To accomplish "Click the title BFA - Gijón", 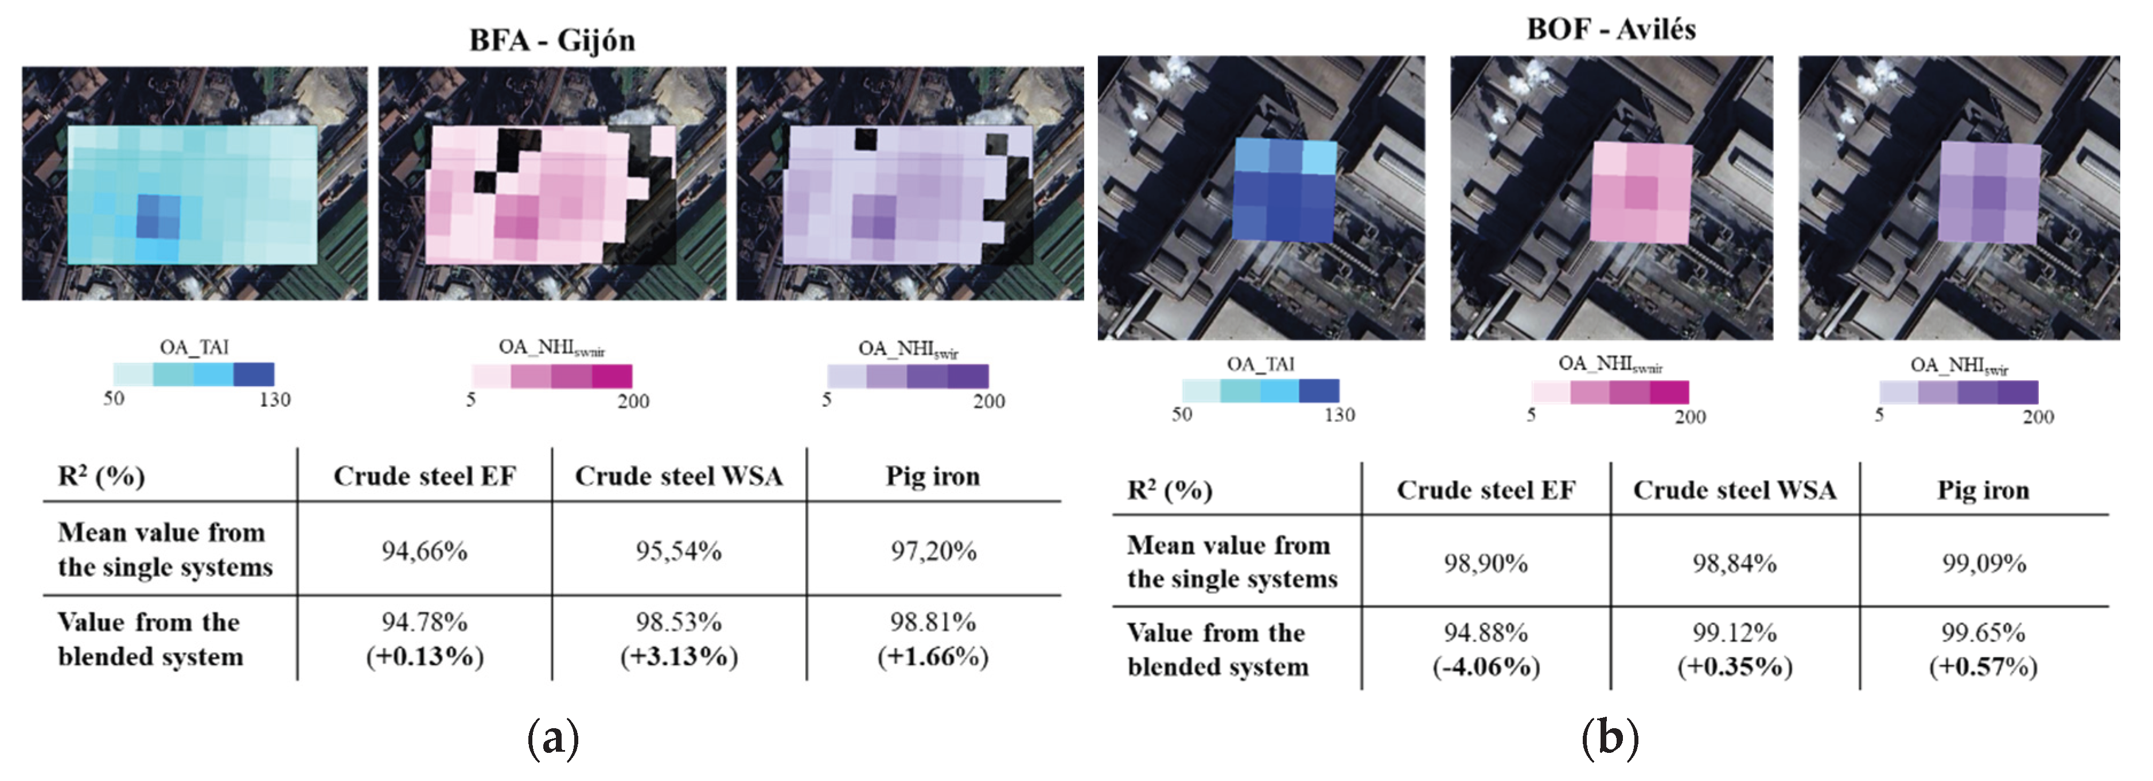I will point(552,40).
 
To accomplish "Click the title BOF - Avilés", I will point(1610,29).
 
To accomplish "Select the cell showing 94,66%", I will point(425,551).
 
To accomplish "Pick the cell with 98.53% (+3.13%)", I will point(679,639).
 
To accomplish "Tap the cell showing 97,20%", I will point(933,551).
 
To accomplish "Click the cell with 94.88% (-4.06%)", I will point(1485,649).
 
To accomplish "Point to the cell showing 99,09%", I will point(1983,563).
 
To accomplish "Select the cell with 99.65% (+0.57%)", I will point(1983,649).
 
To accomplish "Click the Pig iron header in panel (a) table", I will point(933,476).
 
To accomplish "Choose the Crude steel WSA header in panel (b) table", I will point(1734,490).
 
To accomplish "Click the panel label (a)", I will point(552,739).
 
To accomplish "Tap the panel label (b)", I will point(1610,739).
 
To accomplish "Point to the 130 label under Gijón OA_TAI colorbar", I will point(274,400).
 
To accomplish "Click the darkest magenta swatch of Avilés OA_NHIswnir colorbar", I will point(1669,392).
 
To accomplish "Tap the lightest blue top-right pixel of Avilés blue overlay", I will point(1319,157).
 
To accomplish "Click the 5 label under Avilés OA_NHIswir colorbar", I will point(1879,415).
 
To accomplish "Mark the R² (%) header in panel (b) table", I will point(1169,490).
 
